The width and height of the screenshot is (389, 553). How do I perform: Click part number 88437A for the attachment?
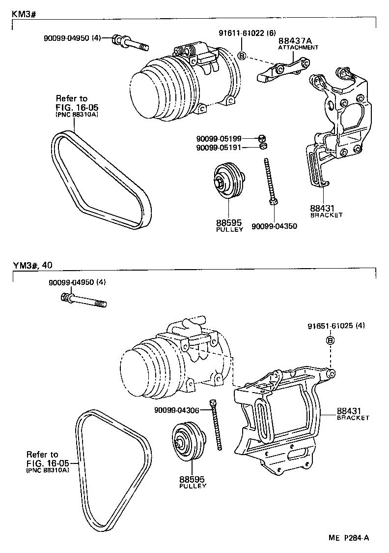293,42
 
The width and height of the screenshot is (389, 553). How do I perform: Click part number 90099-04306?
176,410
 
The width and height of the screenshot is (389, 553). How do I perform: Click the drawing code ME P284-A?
349,538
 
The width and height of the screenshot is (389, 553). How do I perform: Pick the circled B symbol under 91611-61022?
242,55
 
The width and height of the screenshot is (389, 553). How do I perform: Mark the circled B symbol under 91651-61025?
331,340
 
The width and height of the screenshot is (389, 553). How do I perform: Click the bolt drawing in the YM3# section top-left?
84,300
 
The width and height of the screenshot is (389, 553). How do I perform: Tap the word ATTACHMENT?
298,48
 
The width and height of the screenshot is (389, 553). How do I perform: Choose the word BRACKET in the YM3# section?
353,417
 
